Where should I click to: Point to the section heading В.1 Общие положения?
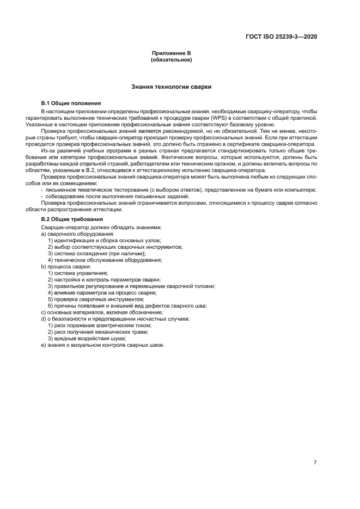(71, 103)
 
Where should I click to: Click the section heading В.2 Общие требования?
(72, 219)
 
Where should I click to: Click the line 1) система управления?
(78, 273)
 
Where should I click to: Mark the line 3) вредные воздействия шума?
(87, 339)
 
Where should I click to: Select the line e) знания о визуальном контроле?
(102, 345)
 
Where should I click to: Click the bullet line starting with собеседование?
(117, 196)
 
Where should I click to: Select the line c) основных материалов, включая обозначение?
(102, 312)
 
